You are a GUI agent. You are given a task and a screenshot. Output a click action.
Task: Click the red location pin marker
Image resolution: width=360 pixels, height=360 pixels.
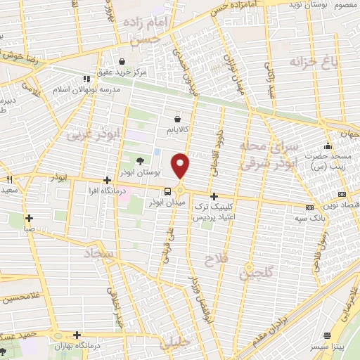pyautogui.click(x=181, y=166)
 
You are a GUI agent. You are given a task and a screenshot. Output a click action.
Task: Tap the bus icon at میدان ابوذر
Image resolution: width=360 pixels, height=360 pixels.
pyautogui.click(x=167, y=191)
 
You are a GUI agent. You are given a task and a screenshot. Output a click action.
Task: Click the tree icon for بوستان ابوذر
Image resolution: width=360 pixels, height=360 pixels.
pyautogui.click(x=139, y=162)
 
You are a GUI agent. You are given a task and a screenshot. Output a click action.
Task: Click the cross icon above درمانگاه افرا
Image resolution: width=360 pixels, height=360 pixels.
pyautogui.click(x=106, y=181)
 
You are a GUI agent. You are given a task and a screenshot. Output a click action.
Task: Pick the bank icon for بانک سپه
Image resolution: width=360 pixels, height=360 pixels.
pyautogui.click(x=309, y=207)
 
